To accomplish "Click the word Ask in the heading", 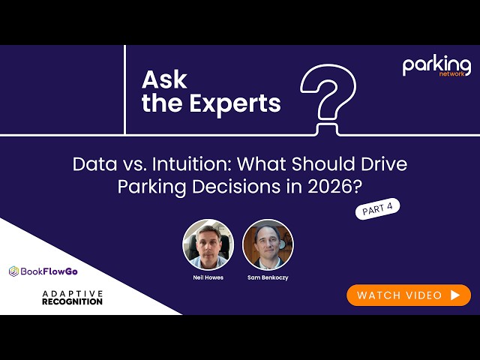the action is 164,80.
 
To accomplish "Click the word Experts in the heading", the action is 235,103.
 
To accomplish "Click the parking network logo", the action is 436,66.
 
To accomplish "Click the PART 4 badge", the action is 377,208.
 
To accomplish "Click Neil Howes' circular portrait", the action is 208,244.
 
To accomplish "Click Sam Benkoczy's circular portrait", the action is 268,244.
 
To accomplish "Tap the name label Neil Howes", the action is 208,277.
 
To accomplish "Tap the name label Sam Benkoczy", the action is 268,277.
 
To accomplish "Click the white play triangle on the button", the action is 455,295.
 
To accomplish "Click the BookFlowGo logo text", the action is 49,271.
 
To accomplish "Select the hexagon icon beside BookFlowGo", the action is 13,271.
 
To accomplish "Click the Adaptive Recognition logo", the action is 72,298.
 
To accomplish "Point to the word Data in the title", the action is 95,163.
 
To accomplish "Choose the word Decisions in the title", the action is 236,186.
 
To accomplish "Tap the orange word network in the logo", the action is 451,73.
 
